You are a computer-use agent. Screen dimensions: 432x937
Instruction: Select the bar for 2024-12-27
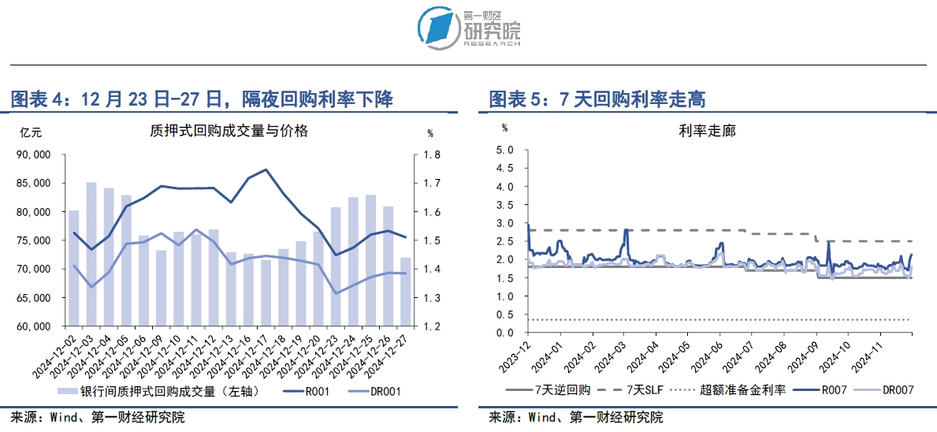click(405, 292)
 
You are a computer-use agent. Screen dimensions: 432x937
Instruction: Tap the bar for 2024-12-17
click(266, 292)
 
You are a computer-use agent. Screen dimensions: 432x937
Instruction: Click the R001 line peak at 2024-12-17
click(266, 169)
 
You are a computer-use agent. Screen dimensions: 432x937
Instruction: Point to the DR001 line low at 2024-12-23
click(336, 293)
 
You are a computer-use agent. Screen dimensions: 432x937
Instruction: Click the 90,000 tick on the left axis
click(34, 155)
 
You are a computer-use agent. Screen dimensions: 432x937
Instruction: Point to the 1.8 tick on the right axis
click(434, 155)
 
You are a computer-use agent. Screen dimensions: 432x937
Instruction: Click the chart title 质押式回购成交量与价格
click(229, 131)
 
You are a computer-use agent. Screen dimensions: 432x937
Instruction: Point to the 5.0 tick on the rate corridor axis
click(504, 149)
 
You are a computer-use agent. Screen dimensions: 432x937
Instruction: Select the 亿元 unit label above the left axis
click(30, 132)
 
